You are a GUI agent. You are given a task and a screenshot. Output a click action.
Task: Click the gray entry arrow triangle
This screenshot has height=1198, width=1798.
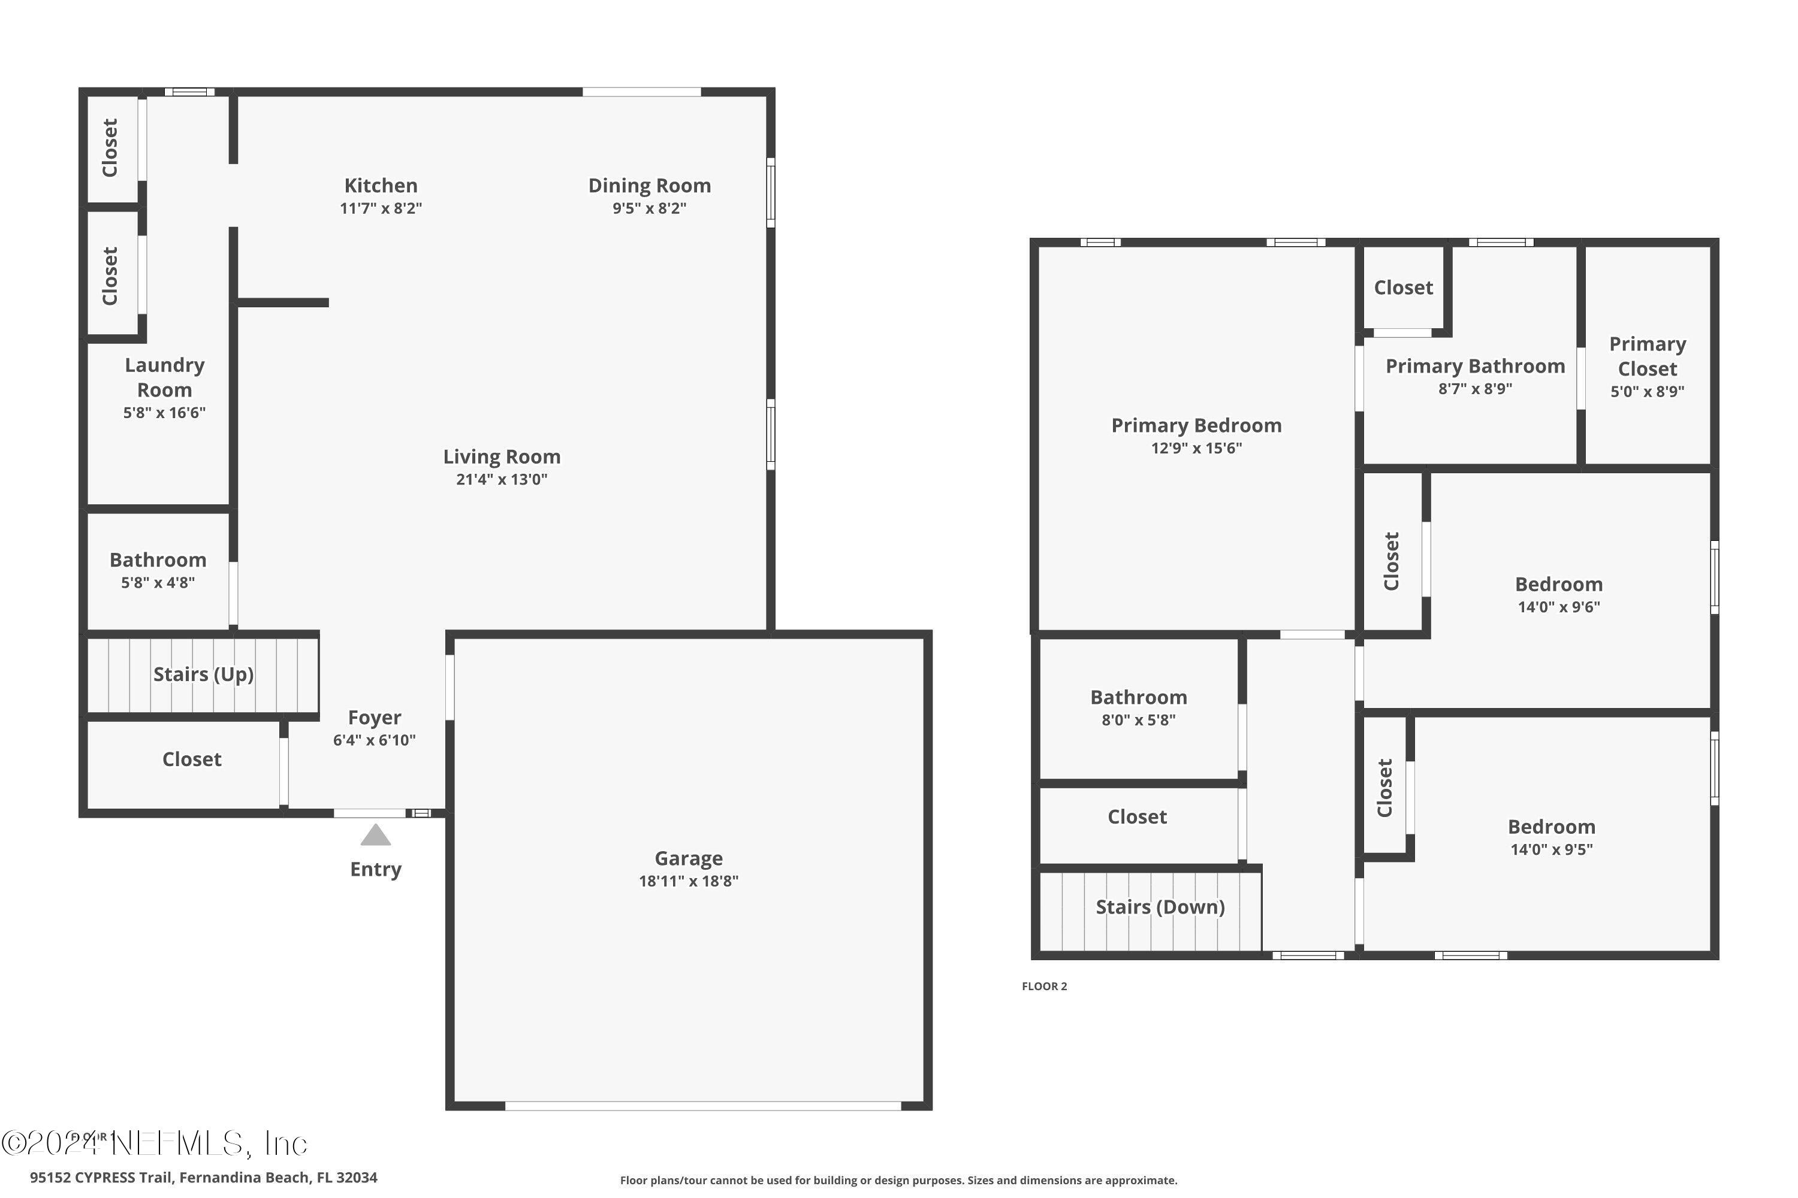coord(375,836)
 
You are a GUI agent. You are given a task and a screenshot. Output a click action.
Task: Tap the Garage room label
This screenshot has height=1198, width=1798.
coord(688,858)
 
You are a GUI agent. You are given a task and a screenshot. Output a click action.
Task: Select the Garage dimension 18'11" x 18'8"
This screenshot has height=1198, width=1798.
coord(688,881)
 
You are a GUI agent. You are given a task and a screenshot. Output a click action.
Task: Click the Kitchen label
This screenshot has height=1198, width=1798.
coord(381,186)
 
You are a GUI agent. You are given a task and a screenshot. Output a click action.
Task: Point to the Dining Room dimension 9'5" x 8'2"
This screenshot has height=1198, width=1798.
coord(649,208)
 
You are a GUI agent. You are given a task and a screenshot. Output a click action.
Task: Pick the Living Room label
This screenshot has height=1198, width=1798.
coord(502,457)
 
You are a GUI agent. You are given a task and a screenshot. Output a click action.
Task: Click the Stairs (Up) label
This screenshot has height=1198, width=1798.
coord(203,674)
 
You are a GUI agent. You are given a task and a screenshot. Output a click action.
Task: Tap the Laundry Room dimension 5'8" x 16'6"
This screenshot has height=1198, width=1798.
coord(164,413)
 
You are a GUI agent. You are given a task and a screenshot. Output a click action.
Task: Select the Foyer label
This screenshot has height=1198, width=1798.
coord(374,718)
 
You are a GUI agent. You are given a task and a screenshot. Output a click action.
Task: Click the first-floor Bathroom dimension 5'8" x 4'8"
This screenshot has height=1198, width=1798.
coord(158,583)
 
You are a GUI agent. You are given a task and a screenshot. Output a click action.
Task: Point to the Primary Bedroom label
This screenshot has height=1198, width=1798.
coord(1196,425)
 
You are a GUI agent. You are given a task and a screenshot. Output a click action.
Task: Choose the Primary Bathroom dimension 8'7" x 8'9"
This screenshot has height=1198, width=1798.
coord(1474,389)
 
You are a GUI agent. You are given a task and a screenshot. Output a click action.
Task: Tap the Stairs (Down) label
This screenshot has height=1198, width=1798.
coord(1160,907)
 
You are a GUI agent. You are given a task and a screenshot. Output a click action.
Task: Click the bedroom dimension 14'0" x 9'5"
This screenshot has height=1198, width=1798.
coord(1551,849)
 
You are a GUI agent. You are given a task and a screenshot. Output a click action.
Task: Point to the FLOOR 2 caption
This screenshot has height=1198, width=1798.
coord(1044,987)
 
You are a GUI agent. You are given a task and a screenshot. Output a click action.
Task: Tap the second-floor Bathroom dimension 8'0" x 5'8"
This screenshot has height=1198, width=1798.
coord(1138,720)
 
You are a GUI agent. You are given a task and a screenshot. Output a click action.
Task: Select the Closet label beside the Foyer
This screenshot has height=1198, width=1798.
coord(192,760)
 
